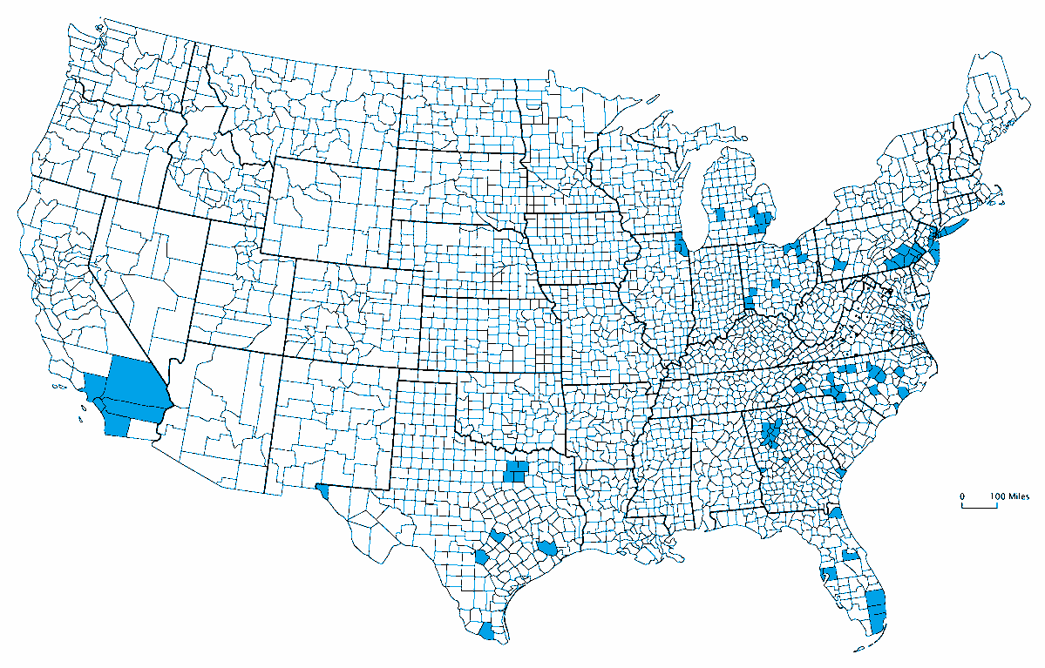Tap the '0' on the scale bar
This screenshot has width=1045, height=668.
(x=962, y=496)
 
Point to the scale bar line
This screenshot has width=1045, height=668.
(x=979, y=505)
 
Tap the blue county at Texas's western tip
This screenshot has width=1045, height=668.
(x=322, y=490)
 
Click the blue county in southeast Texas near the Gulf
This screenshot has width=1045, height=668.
(x=547, y=548)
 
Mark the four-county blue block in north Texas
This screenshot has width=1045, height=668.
(x=516, y=472)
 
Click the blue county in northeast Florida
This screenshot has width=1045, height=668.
(x=835, y=513)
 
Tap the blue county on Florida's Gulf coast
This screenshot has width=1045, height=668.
(x=828, y=573)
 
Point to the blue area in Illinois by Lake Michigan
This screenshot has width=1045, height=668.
(x=682, y=244)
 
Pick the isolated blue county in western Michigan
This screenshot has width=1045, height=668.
(x=720, y=214)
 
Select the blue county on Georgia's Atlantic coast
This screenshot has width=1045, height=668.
(x=841, y=473)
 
